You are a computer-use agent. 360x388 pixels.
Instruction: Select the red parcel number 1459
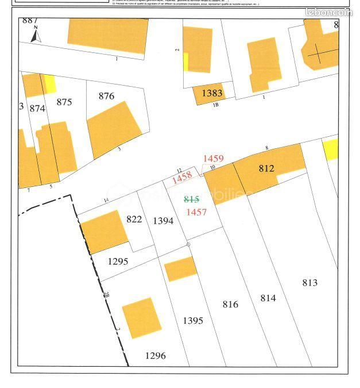click(213, 158)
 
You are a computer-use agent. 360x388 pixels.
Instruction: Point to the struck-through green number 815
click(191, 199)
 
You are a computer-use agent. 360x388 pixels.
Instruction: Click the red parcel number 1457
click(196, 212)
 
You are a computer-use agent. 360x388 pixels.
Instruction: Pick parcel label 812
click(266, 168)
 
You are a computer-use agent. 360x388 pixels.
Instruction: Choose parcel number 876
click(106, 96)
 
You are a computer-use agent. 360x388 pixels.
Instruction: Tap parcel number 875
click(64, 102)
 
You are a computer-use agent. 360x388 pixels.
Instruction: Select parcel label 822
click(134, 218)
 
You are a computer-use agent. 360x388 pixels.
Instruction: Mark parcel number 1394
click(163, 221)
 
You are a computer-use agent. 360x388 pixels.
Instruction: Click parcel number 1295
click(118, 261)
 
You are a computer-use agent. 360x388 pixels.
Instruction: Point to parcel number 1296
click(155, 356)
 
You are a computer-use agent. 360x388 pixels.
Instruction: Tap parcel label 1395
click(192, 321)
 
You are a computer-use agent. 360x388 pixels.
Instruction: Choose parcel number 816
click(230, 304)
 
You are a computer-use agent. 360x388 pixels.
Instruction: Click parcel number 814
click(268, 298)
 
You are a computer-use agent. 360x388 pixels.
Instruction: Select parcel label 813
click(309, 282)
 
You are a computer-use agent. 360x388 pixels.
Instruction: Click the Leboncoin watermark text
click(329, 12)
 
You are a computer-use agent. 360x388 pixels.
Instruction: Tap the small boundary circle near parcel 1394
click(188, 244)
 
